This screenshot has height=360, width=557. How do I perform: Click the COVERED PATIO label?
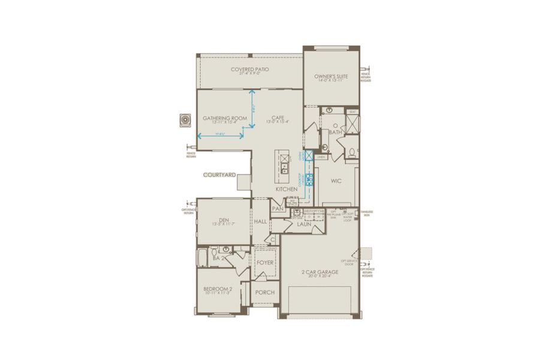(249, 70)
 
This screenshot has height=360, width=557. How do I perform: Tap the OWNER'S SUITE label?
(332, 76)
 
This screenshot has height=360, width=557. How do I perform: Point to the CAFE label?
(277, 118)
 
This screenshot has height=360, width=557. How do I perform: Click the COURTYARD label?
(218, 175)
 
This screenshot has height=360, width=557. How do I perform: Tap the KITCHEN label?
(287, 190)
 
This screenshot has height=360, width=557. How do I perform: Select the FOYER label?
(264, 262)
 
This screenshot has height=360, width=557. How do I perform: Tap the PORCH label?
(264, 293)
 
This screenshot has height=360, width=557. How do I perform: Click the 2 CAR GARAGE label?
(320, 272)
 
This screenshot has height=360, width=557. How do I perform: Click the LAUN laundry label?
(303, 224)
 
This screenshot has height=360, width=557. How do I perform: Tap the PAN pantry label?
(278, 209)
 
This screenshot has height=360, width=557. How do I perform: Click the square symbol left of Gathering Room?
(185, 120)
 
